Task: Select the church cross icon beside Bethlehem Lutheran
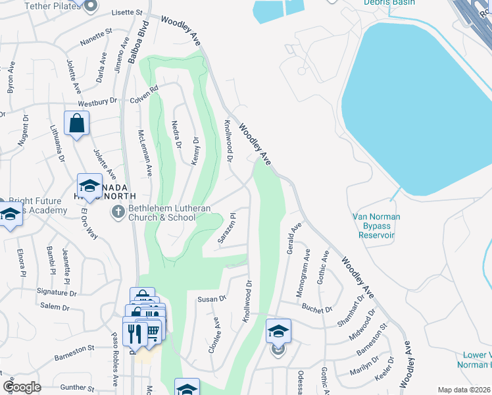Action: [x=118, y=212]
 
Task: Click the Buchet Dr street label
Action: [x=318, y=306]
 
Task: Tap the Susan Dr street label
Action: [x=212, y=299]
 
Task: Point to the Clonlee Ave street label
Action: [x=214, y=336]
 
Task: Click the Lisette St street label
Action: [x=128, y=13]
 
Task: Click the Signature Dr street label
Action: [x=57, y=291]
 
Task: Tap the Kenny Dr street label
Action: [x=195, y=151]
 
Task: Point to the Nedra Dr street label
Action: [x=176, y=134]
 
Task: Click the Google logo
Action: [x=22, y=387]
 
